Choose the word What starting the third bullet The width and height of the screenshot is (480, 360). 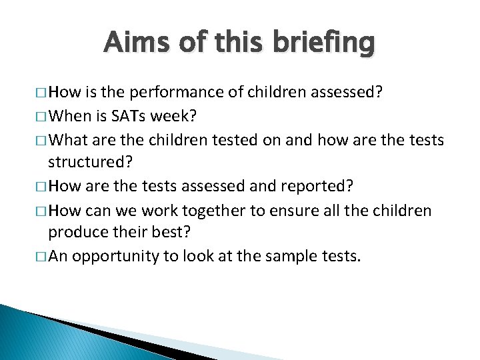(69, 139)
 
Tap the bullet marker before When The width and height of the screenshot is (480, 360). (42, 116)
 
